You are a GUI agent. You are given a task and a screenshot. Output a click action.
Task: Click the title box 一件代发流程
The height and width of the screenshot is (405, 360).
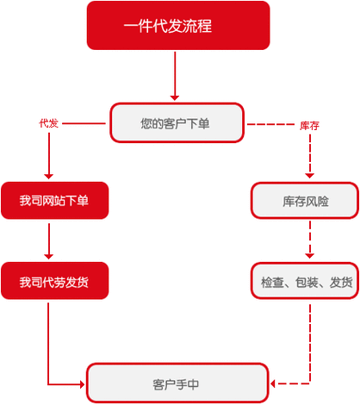click(178, 25)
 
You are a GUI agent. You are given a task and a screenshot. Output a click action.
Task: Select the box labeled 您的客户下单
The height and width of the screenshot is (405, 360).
click(177, 122)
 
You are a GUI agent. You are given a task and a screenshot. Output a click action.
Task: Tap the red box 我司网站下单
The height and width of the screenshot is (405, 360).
click(54, 200)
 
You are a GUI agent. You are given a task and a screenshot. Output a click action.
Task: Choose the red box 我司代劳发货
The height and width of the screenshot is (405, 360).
click(54, 281)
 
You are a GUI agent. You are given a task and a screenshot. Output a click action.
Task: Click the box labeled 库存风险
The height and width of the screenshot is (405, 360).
click(305, 201)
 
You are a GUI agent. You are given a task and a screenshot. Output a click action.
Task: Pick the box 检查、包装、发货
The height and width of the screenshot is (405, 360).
click(305, 281)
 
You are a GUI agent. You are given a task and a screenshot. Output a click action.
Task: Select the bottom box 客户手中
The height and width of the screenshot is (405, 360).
click(177, 383)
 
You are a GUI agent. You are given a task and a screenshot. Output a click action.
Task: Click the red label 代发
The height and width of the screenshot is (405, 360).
click(49, 123)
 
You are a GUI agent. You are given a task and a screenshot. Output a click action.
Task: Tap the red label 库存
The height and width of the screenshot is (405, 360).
click(309, 126)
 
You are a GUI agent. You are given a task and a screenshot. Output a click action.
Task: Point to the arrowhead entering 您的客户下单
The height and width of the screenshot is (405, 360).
click(175, 98)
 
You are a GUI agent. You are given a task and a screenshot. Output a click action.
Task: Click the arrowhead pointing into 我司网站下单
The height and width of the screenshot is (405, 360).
click(49, 177)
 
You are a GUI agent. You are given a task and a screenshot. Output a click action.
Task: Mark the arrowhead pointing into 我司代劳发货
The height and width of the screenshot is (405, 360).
click(49, 257)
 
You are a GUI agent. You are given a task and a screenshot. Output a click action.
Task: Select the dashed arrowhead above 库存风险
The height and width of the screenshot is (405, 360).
click(309, 176)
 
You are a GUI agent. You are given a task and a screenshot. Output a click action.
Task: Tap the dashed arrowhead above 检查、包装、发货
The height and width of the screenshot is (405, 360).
click(309, 256)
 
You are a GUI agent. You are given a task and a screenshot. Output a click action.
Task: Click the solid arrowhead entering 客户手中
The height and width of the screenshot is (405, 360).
click(82, 384)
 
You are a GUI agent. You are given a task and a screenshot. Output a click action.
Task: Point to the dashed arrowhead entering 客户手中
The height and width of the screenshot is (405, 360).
click(273, 383)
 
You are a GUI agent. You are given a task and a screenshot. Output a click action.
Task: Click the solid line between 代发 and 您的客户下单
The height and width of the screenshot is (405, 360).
click(84, 123)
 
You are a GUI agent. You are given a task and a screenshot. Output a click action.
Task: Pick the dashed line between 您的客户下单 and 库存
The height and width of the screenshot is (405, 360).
click(270, 124)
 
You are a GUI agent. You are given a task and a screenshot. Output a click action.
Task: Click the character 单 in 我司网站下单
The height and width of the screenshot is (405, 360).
click(83, 201)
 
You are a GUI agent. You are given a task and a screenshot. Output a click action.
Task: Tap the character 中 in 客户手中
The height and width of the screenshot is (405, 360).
click(193, 384)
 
